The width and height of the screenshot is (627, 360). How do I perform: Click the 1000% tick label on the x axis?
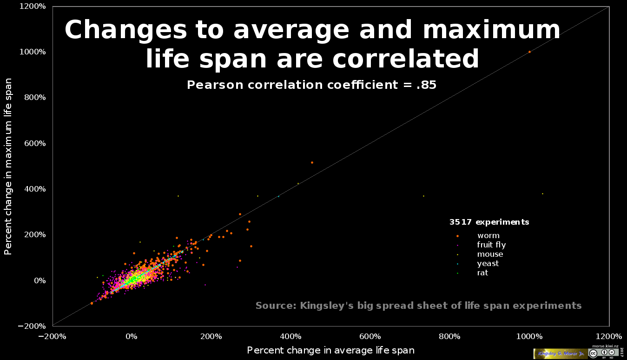pyautogui.click(x=530, y=336)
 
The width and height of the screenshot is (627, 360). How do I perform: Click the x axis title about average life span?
pyautogui.click(x=330, y=350)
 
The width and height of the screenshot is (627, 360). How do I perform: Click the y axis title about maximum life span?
pyautogui.click(x=8, y=166)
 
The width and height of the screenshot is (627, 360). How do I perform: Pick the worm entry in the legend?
pyautogui.click(x=488, y=236)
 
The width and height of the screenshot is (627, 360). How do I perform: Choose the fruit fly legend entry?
pyautogui.click(x=491, y=245)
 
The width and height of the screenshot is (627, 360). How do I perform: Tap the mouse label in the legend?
pyautogui.click(x=490, y=254)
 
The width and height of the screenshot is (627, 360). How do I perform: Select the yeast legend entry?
pyautogui.click(x=488, y=263)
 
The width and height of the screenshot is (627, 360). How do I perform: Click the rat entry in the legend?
pyautogui.click(x=482, y=273)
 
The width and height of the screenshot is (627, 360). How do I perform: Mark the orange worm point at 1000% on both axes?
pyautogui.click(x=529, y=52)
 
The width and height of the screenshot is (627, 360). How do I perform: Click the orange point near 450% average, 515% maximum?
pyautogui.click(x=312, y=162)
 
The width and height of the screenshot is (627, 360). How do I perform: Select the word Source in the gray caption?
pyautogui.click(x=276, y=306)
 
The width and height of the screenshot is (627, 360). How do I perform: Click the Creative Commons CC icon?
pyautogui.click(x=593, y=353)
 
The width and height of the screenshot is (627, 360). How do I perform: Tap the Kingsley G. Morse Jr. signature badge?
pyautogui.click(x=560, y=353)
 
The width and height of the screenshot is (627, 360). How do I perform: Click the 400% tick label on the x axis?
pyautogui.click(x=291, y=336)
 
